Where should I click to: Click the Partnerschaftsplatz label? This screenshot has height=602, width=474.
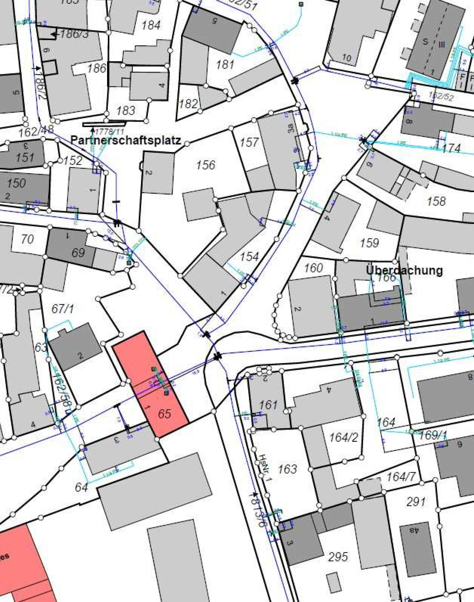click(126, 140)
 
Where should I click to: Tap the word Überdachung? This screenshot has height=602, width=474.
click(404, 270)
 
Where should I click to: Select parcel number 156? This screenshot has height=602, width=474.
click(206, 165)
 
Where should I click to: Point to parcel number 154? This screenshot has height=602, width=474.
click(249, 256)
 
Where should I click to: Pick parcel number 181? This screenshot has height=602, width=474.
click(225, 65)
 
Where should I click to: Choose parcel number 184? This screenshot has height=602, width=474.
click(151, 25)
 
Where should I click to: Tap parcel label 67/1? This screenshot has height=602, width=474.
click(63, 309)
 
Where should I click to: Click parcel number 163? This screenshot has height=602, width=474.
click(287, 469)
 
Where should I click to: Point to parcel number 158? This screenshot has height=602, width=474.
click(437, 201)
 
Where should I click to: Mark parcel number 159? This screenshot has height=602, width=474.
click(369, 243)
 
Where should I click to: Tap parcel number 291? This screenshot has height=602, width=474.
click(416, 502)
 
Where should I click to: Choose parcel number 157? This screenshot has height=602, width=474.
click(249, 142)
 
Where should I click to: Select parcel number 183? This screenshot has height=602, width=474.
click(126, 111)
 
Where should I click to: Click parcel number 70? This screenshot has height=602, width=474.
click(27, 239)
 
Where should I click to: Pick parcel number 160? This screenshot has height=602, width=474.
click(314, 268)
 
